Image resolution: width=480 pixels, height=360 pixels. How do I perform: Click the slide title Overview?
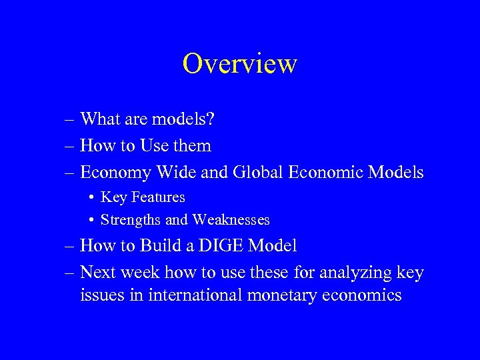(239, 64)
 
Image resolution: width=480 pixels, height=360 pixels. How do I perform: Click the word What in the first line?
(99, 119)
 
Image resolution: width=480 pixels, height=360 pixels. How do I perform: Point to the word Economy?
(115, 173)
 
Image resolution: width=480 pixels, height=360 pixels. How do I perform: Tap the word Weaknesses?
(231, 219)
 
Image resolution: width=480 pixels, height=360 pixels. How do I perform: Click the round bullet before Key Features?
(90, 198)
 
